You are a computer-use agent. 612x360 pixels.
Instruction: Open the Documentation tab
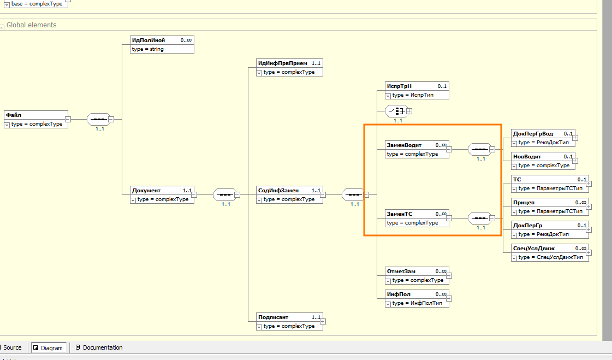click(x=102, y=347)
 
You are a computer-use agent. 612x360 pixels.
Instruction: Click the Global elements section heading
click(x=31, y=25)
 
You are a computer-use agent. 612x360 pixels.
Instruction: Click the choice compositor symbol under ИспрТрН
click(x=396, y=111)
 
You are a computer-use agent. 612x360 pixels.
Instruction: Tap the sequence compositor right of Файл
click(x=99, y=119)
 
